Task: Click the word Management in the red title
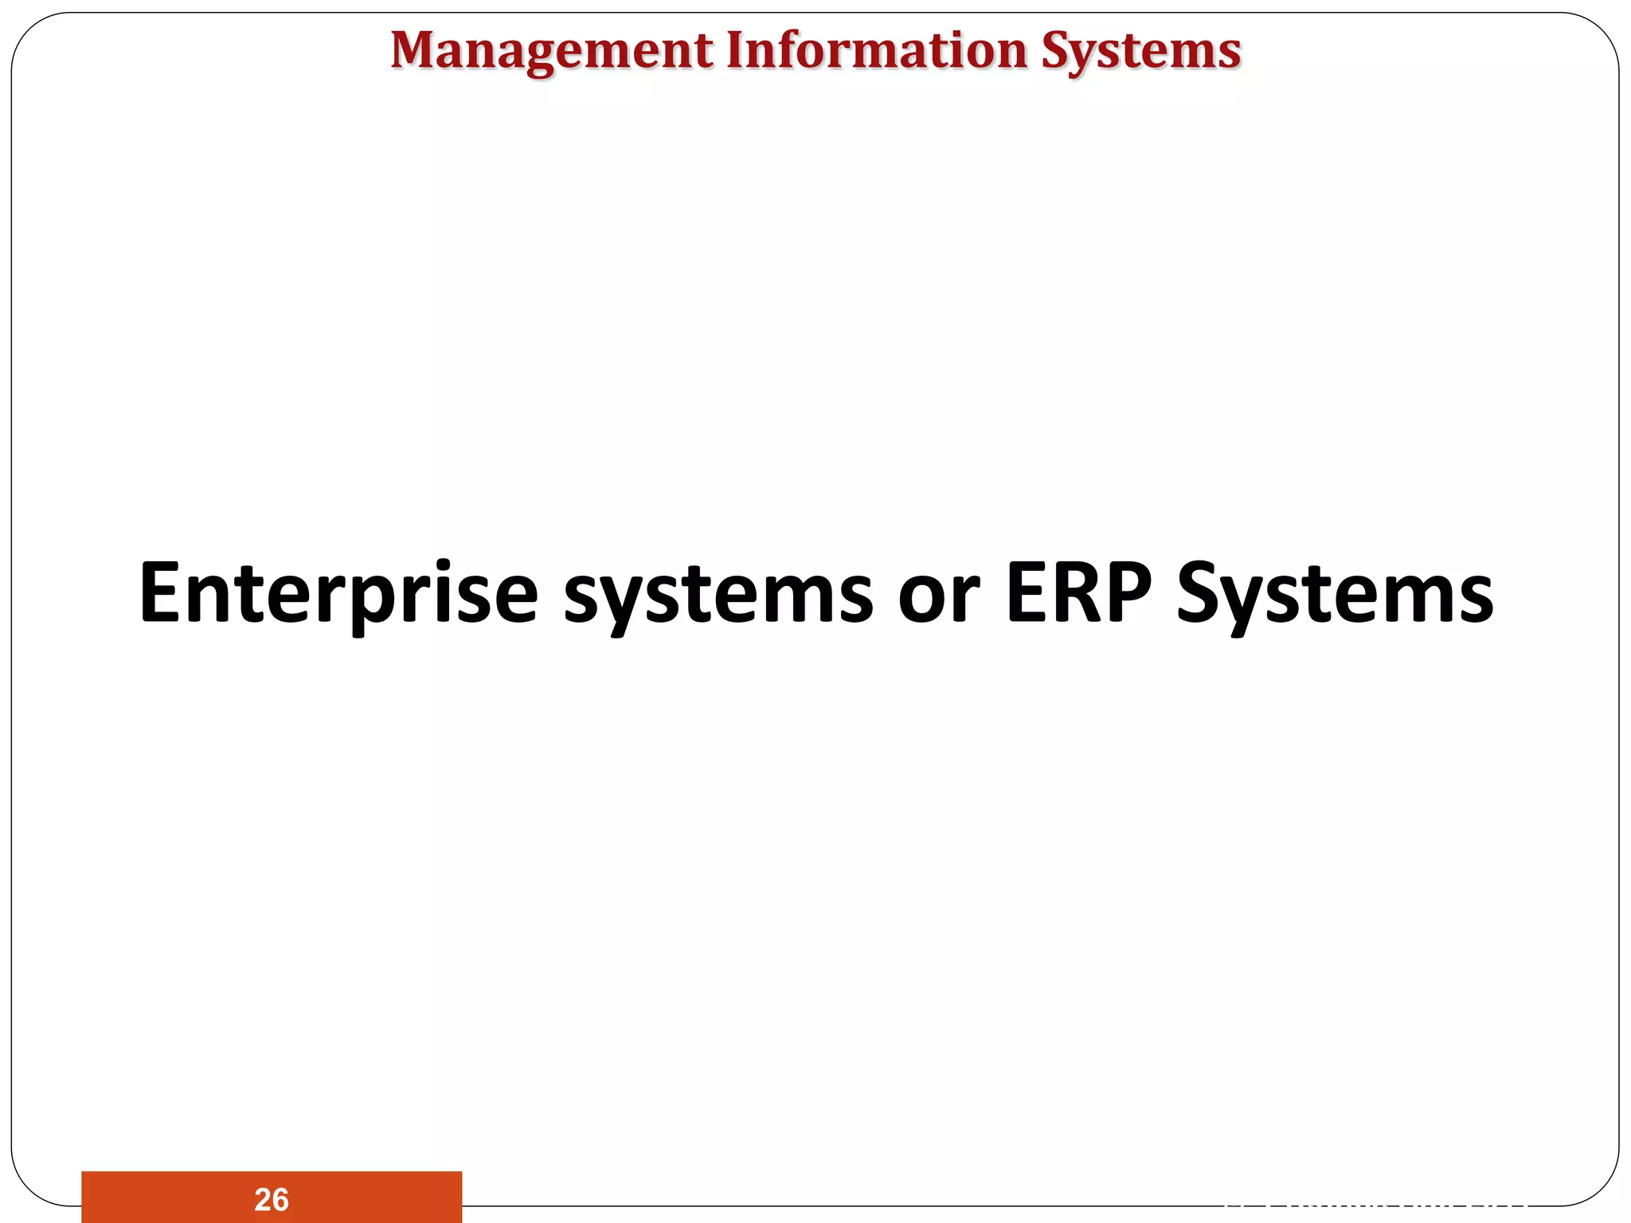point(552,51)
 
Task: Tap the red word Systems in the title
point(1141,51)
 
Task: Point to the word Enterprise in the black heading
point(338,593)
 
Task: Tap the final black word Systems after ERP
point(1335,593)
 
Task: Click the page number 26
point(272,1199)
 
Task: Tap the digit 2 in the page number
point(263,1199)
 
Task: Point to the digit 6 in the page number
point(280,1199)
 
